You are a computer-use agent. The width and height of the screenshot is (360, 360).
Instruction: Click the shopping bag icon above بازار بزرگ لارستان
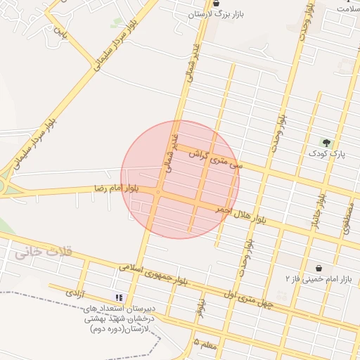205,4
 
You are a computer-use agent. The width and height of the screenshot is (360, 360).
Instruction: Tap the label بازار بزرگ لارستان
214,15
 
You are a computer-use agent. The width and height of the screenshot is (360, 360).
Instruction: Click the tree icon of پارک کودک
325,143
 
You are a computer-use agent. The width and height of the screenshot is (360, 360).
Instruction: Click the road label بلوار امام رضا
117,188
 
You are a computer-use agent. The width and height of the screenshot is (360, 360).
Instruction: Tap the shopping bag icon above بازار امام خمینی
319,268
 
